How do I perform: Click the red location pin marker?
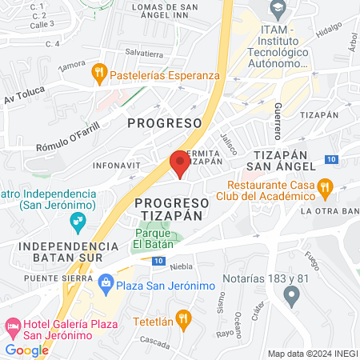pos(180,164)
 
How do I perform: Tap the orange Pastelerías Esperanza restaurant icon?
pos(99,74)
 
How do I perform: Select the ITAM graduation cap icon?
pos(277,11)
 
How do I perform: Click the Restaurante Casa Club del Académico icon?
pos(325,188)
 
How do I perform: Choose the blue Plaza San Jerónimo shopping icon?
pos(106,282)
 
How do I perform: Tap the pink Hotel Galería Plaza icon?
pos(13,326)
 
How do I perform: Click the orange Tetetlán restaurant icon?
pos(183,319)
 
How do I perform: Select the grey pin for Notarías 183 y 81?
pos(291,295)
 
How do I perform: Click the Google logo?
pos(27,350)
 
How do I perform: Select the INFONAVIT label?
pos(115,166)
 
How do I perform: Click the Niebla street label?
pos(182,266)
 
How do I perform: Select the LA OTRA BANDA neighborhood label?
pos(330,211)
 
